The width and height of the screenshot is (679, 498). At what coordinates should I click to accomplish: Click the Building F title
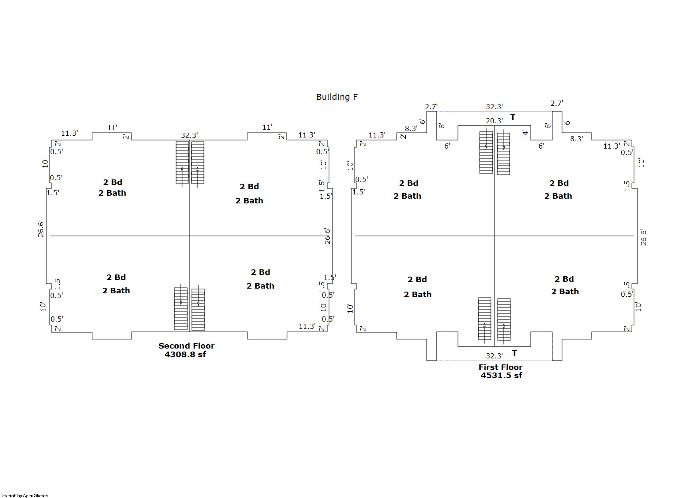pos(337,97)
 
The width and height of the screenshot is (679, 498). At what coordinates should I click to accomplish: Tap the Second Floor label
pos(186,346)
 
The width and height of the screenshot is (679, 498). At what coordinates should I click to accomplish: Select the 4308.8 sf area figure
pos(185,354)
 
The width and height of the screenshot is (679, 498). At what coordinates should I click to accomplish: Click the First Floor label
pos(500,367)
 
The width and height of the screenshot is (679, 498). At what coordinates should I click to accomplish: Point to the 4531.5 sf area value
pos(501,375)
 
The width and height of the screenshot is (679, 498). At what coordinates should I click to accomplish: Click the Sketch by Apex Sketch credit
pos(25,495)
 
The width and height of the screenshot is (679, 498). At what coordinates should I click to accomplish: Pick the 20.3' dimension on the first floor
pos(494,121)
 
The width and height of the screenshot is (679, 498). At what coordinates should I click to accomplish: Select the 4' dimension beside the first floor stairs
pos(525,133)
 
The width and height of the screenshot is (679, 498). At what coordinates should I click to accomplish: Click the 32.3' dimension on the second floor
pos(189,135)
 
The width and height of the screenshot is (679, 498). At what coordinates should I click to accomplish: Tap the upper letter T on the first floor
pos(513,117)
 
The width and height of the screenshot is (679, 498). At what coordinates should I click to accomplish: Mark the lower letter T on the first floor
pos(514,353)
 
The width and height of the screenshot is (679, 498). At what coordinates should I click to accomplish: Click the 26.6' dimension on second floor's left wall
pos(41,229)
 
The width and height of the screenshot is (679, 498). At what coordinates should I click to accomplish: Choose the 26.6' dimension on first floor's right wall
pos(643,237)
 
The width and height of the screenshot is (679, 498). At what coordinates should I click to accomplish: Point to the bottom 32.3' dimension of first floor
pos(494,356)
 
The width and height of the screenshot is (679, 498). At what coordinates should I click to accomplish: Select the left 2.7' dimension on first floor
pos(431,107)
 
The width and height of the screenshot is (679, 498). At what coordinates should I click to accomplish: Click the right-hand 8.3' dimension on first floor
pos(576,139)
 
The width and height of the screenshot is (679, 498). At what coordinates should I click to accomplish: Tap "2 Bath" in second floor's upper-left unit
pos(112,193)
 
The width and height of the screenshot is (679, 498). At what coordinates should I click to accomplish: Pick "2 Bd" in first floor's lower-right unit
pos(564,279)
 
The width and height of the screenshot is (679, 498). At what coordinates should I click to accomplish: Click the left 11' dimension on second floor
pos(112,128)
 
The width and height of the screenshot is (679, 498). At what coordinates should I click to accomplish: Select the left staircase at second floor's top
pos(182,163)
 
